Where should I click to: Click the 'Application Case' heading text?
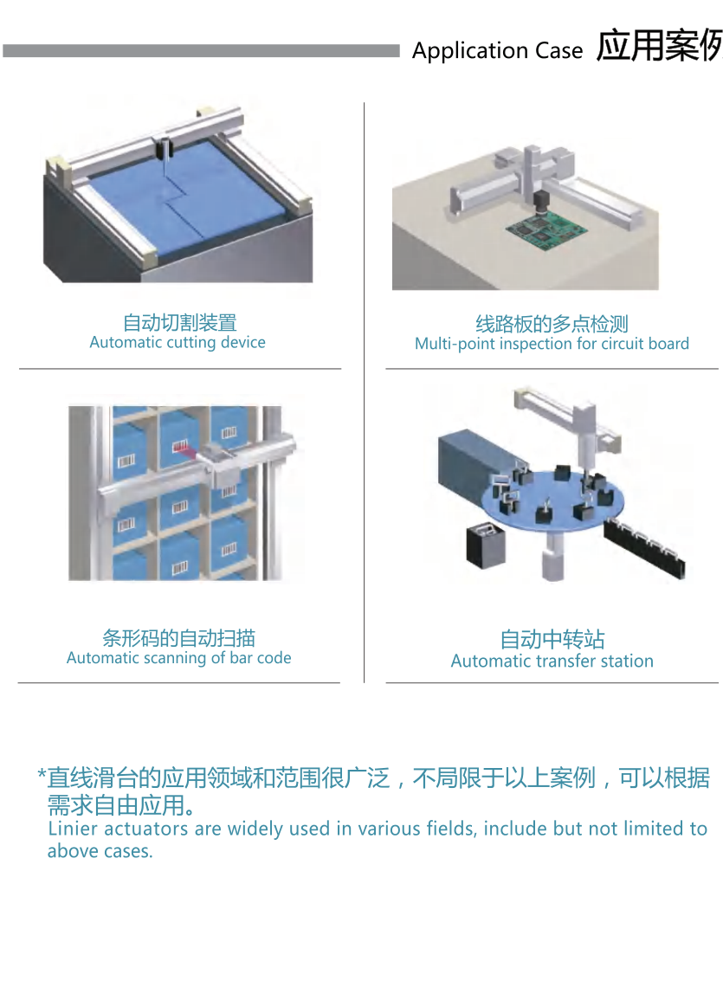[x=497, y=51]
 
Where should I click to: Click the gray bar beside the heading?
[x=201, y=51]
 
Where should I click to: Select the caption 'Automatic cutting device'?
[x=178, y=342]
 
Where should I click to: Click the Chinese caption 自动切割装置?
[x=179, y=322]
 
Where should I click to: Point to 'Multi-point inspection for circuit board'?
[x=552, y=344]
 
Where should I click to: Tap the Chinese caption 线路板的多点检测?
[x=552, y=324]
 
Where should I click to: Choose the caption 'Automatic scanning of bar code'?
[x=179, y=658]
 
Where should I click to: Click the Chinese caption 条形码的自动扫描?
[x=179, y=638]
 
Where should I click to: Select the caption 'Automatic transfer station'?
[x=552, y=662]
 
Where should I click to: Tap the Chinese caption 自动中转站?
[x=552, y=640]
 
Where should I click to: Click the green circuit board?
[x=546, y=230]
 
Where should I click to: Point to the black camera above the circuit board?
[x=540, y=203]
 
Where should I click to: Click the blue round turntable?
[x=552, y=500]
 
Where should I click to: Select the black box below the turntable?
[x=486, y=544]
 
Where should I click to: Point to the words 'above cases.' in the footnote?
[x=100, y=851]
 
